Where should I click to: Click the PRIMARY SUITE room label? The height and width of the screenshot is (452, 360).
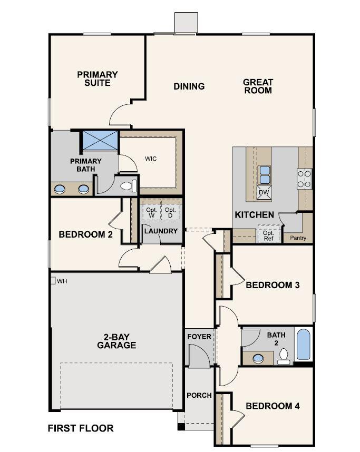(98, 78)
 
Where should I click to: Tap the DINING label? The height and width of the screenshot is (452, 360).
(189, 86)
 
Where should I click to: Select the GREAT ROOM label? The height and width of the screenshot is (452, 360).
(258, 86)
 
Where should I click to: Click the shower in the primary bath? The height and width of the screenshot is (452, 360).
(100, 141)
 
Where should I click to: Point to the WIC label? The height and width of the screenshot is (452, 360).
(151, 158)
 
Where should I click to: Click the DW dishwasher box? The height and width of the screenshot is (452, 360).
(264, 193)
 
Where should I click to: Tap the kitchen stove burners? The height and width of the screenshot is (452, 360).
(305, 179)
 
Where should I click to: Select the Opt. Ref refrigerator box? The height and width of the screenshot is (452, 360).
(268, 234)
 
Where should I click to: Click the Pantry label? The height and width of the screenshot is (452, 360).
(298, 238)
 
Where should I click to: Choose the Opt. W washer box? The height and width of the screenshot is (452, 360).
(151, 212)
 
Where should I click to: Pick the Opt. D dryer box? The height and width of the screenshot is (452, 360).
(170, 212)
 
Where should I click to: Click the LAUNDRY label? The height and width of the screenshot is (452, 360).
(161, 231)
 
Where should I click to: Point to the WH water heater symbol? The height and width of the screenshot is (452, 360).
(53, 281)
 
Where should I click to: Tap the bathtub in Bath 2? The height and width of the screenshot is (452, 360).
(304, 344)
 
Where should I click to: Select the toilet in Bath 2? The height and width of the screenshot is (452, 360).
(284, 357)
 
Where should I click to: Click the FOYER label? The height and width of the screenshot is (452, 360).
(199, 337)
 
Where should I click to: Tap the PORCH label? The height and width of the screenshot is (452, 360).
(199, 395)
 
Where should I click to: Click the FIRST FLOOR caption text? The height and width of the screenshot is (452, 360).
(81, 428)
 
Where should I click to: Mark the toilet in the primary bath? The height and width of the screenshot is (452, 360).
(128, 186)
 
